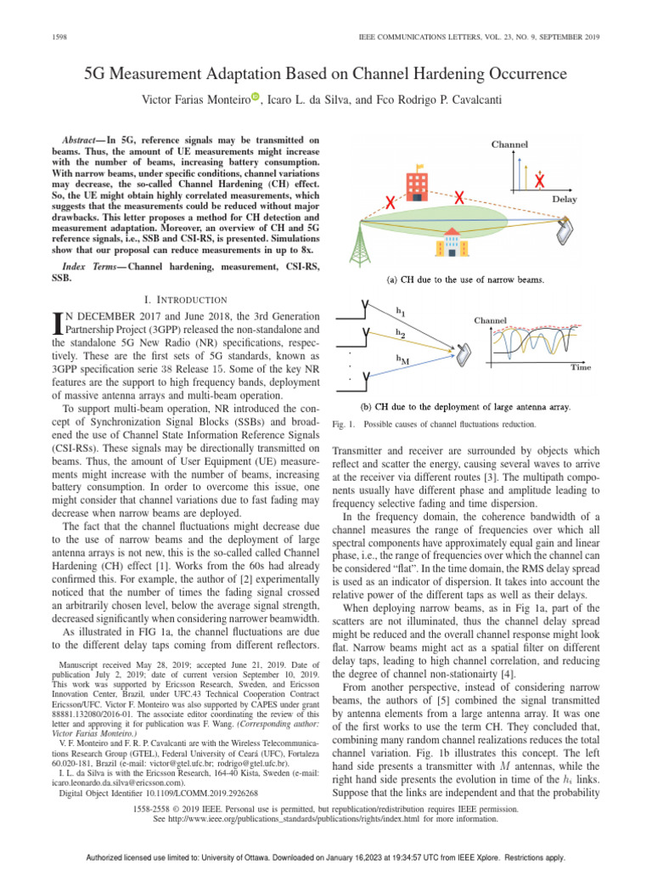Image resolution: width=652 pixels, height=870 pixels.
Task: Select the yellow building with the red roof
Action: coord(452,242)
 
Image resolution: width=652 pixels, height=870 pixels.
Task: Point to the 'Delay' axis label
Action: coord(565,198)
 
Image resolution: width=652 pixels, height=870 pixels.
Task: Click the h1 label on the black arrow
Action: coord(400,310)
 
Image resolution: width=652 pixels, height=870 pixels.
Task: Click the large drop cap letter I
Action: coord(58,323)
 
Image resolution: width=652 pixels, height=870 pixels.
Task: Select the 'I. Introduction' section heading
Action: coord(184,299)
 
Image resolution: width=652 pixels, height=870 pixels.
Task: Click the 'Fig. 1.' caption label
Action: coord(340,423)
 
